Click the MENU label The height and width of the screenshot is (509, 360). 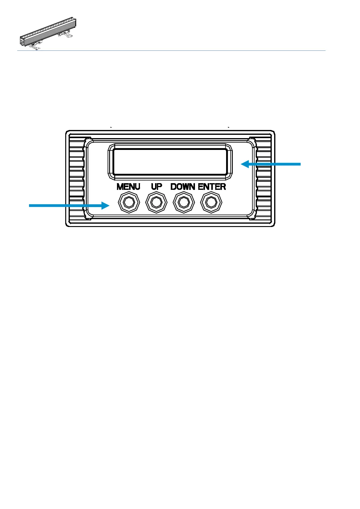[x=128, y=187]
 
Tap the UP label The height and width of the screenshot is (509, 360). [x=156, y=187]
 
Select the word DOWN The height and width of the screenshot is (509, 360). [x=183, y=187]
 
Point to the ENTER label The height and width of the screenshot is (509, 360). [x=212, y=187]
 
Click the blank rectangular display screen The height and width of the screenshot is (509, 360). [x=170, y=162]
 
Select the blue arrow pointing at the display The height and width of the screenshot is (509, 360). [x=272, y=164]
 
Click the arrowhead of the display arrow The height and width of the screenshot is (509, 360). [x=245, y=164]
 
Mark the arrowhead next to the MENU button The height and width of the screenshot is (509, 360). [x=105, y=206]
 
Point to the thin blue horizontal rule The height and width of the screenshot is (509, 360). [x=171, y=50]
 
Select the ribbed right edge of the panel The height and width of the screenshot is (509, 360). [x=264, y=178]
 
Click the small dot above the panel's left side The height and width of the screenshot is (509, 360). [x=111, y=128]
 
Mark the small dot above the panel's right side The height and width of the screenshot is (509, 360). [x=229, y=128]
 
